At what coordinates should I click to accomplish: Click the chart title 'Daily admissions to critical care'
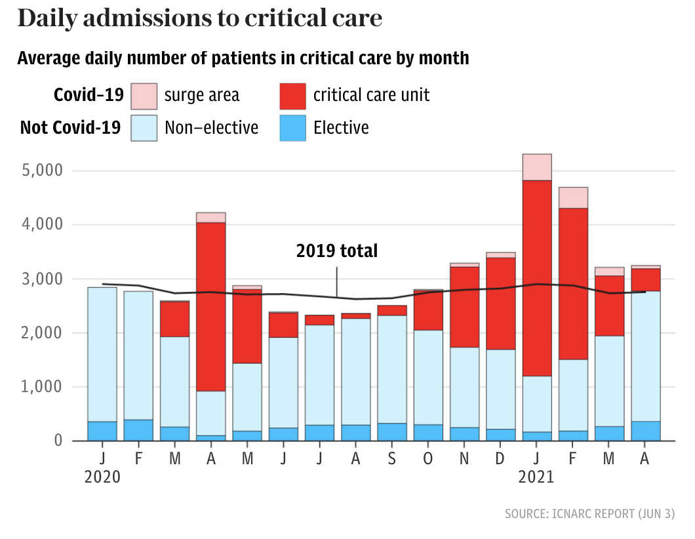tap(199, 18)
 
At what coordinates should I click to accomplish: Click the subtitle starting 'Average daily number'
tap(243, 58)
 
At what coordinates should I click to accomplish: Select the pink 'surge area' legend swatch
tap(144, 96)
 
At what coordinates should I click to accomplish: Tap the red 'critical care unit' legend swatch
tap(292, 96)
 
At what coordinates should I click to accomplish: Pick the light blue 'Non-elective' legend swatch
tap(144, 127)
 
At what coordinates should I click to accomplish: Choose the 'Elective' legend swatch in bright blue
tap(292, 127)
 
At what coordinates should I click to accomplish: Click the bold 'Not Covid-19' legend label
tap(70, 127)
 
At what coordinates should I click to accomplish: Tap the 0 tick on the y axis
tap(57, 441)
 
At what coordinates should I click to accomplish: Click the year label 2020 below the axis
tap(103, 477)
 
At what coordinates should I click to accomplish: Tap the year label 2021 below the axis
tap(536, 477)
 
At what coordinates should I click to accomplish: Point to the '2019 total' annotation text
tap(337, 250)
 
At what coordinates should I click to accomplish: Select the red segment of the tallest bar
tap(536, 278)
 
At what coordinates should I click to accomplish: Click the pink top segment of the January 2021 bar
tap(536, 167)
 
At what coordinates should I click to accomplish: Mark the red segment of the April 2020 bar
tap(211, 307)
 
